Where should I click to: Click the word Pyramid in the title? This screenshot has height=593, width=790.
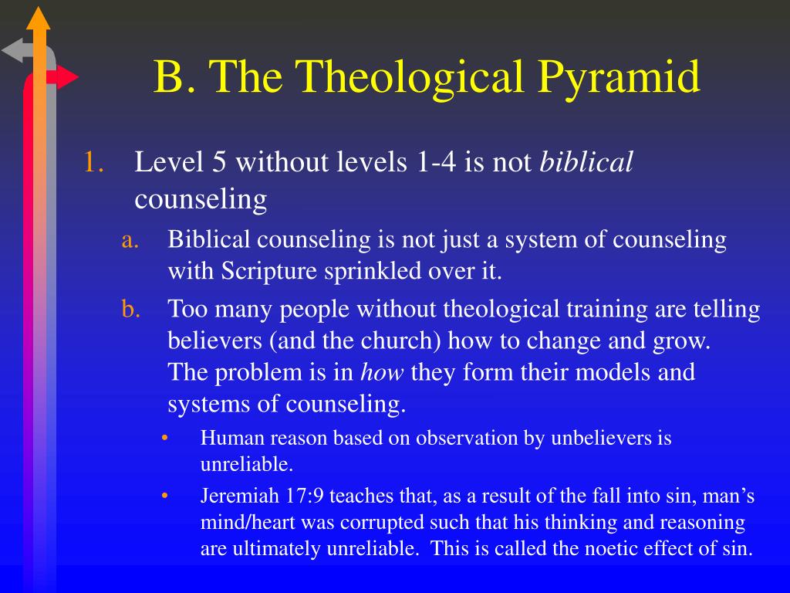(619, 78)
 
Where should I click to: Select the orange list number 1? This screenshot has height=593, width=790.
(93, 162)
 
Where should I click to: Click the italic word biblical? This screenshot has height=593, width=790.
(586, 162)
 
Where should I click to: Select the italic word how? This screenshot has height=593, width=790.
(382, 372)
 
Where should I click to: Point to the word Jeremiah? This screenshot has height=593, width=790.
(239, 496)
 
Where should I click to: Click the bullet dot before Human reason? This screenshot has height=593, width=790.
(164, 438)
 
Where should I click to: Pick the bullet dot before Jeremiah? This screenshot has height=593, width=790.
(164, 496)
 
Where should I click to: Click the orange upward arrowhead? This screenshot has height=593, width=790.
(39, 18)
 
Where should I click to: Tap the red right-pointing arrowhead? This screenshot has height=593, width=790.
(68, 77)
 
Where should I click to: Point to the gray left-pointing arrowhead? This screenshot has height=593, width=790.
(12, 50)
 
